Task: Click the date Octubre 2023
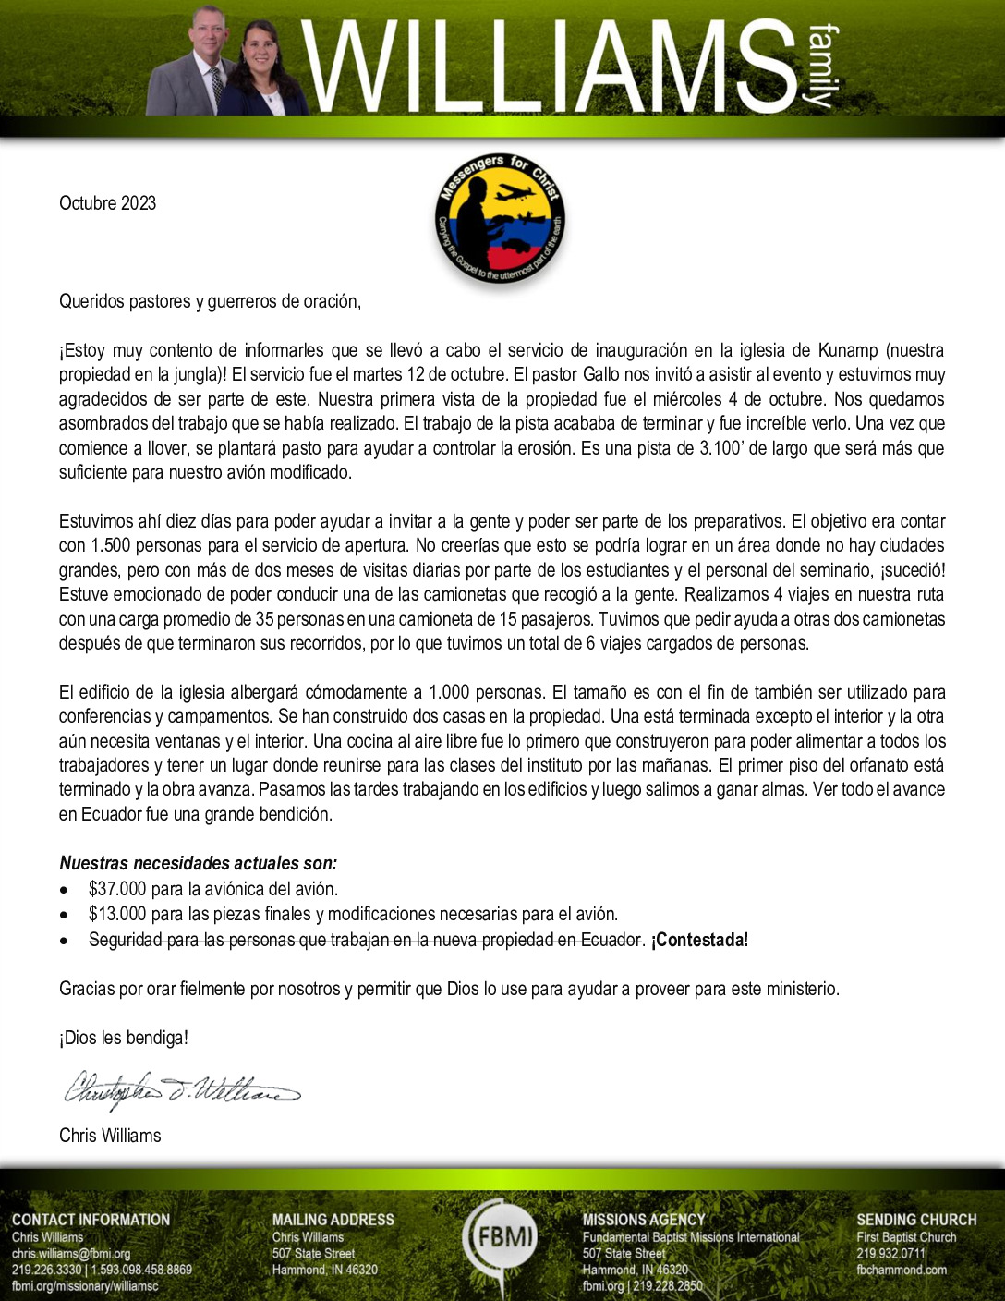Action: coord(107,203)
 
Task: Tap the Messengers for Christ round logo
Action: coord(501,218)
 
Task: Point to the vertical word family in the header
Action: coord(822,67)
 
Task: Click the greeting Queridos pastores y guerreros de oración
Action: coord(210,301)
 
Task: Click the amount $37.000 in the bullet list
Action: coord(117,889)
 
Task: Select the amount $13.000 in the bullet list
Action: coord(117,914)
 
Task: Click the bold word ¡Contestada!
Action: coord(699,940)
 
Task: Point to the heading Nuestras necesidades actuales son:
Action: coord(198,863)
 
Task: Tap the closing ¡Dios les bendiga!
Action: coord(124,1038)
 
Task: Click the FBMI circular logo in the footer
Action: coord(502,1236)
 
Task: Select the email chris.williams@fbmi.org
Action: coord(71,1254)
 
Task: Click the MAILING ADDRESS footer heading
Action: coord(333,1220)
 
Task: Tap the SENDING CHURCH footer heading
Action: coord(915,1220)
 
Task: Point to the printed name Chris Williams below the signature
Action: coord(110,1136)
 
